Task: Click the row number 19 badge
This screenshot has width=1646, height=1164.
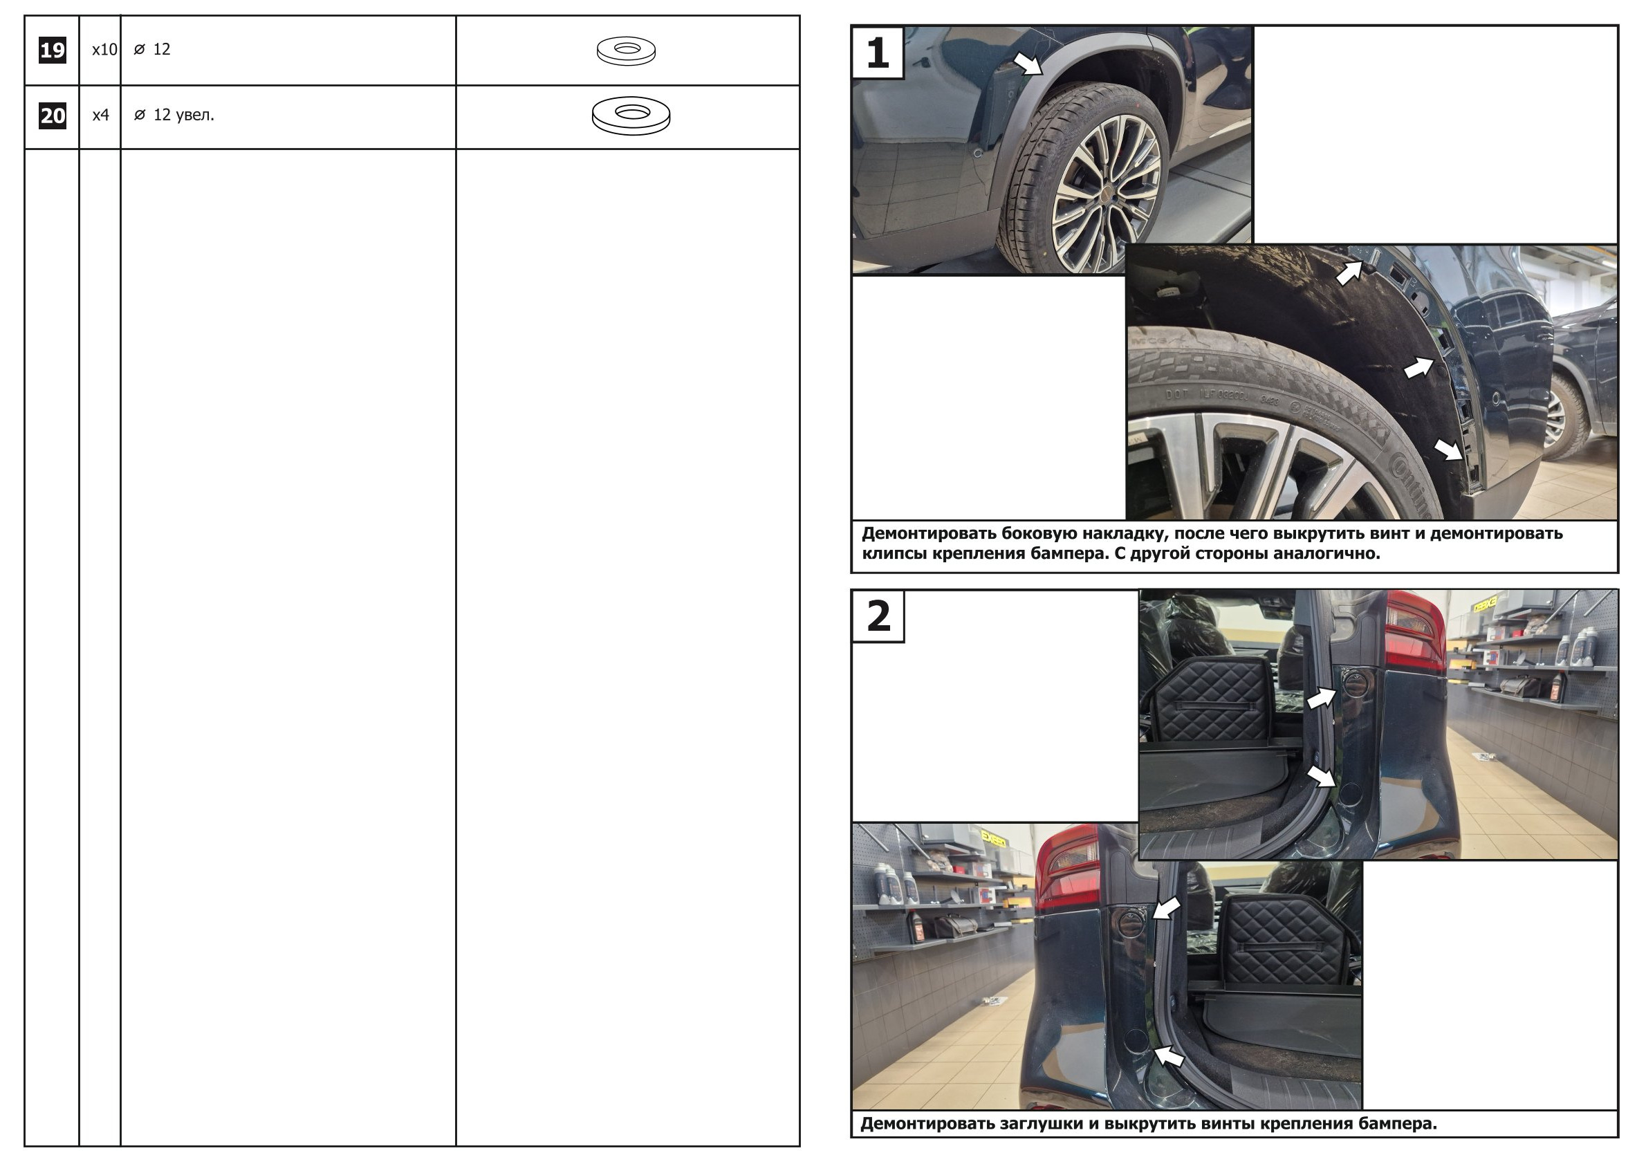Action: tap(53, 50)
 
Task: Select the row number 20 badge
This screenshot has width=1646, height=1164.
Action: tap(53, 116)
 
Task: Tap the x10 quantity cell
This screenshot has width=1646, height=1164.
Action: tap(104, 50)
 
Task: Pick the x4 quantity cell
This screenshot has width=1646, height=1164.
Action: tap(100, 115)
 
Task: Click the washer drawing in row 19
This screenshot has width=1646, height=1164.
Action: tap(626, 51)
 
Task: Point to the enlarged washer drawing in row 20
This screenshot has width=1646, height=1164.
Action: tap(631, 116)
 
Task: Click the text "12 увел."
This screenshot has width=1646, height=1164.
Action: tap(183, 115)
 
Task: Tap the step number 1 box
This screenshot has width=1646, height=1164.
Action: tap(878, 53)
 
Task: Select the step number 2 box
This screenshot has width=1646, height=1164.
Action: tap(878, 616)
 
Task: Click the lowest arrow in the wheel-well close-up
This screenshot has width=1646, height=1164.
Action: tap(1448, 450)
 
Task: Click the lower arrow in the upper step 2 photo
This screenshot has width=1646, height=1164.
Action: tap(1320, 776)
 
